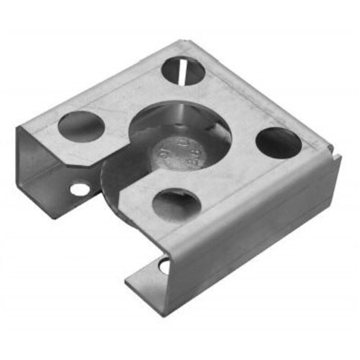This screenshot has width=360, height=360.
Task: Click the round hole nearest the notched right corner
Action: pos(279,143)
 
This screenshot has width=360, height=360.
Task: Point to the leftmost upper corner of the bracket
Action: pos(18,127)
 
